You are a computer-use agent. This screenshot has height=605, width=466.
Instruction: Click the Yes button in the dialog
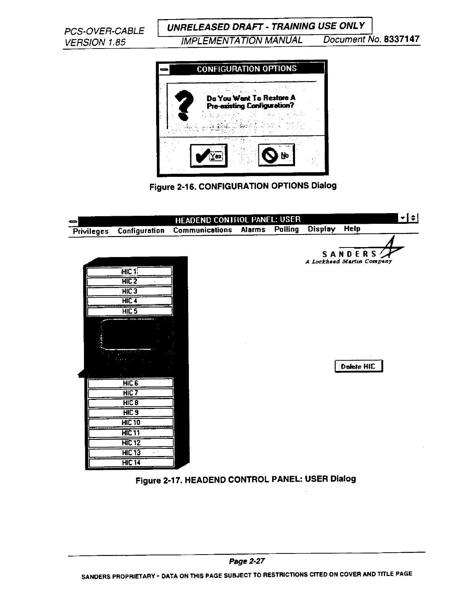[x=208, y=155]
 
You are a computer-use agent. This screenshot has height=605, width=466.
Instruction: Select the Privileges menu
[x=91, y=231]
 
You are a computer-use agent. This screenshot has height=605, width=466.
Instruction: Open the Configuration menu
[x=141, y=231]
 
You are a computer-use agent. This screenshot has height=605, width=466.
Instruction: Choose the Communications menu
[x=202, y=230]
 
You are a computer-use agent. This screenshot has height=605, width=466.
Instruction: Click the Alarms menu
[x=253, y=230]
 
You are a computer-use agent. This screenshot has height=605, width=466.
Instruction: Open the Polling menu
[x=287, y=229]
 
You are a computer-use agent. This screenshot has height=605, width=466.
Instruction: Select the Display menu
[x=321, y=229]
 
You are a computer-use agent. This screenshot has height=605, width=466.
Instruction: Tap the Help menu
[x=352, y=229]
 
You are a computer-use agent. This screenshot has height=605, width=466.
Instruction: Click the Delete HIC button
[x=358, y=366]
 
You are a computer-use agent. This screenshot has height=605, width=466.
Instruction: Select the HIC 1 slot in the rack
[x=129, y=272]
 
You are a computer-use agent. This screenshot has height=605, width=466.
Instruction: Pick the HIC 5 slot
[x=129, y=311]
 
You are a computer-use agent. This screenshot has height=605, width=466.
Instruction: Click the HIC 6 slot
[x=131, y=383]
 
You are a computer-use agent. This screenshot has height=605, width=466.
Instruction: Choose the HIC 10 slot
[x=131, y=422]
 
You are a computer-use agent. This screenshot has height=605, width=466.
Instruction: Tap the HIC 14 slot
[x=131, y=463]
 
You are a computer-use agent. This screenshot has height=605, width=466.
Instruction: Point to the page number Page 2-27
[x=247, y=561]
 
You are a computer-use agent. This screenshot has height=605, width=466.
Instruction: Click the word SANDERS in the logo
[x=350, y=254]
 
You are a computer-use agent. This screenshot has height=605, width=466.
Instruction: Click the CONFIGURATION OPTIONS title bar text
[x=247, y=69]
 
